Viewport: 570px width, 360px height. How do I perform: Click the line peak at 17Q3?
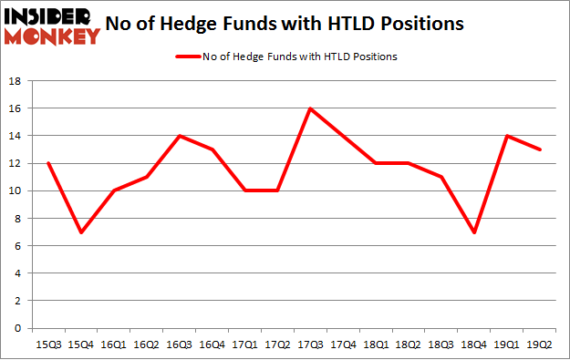pos(311,108)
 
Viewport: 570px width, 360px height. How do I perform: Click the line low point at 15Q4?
pos(82,231)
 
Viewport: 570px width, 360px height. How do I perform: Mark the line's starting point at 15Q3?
pos(49,163)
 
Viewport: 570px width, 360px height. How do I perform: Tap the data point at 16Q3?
pos(181,136)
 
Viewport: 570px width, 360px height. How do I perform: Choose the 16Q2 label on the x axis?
pos(148,345)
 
